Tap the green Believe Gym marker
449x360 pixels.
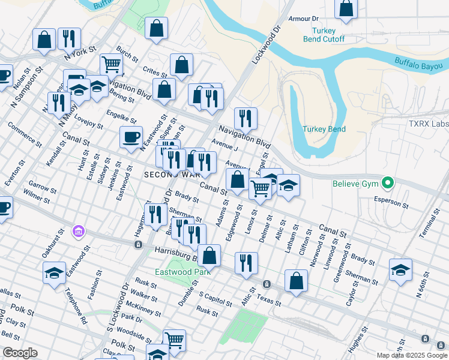[x=388, y=182]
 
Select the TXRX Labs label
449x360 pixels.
[x=429, y=124]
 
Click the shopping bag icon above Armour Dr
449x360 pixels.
[x=346, y=8]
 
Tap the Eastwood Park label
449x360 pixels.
[x=181, y=271]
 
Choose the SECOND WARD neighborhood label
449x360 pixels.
[x=171, y=175]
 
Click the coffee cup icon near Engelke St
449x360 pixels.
[x=131, y=137]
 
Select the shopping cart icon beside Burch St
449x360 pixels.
[x=111, y=64]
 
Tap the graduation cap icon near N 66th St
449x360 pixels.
[x=400, y=269]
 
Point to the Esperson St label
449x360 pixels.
[x=391, y=203]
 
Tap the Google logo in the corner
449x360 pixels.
[x=20, y=353]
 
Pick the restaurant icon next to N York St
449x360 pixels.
[x=70, y=39]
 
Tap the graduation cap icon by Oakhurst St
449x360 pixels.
[x=54, y=274]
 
